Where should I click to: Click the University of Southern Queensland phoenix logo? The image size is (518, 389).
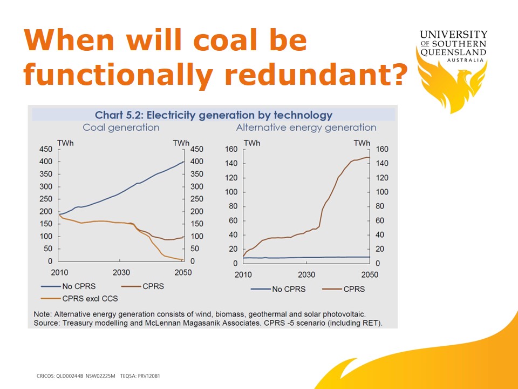[452, 81]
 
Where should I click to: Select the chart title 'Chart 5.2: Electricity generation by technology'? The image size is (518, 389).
[214, 115]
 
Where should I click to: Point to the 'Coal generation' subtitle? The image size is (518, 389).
[121, 128]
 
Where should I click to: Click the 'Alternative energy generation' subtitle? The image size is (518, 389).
[306, 128]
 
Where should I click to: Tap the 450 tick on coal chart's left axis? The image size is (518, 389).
[45, 150]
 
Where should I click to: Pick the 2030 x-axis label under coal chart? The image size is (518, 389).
[121, 272]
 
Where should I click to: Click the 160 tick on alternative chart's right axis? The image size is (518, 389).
[381, 150]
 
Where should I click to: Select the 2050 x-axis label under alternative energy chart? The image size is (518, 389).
[369, 274]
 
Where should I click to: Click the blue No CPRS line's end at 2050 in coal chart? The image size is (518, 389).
[184, 162]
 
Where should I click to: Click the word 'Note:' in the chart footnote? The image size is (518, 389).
[43, 314]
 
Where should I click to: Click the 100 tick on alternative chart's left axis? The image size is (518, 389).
[231, 192]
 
